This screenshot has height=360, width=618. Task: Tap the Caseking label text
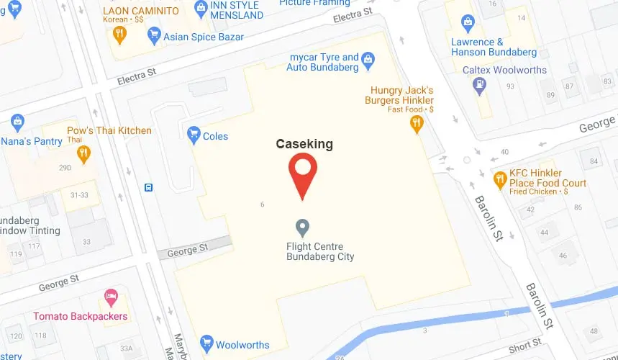304,144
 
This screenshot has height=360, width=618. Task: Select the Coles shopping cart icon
193,134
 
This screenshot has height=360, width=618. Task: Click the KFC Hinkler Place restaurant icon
499,179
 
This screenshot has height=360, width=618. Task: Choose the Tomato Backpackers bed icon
110,296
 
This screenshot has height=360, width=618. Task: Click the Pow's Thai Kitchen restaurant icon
83,153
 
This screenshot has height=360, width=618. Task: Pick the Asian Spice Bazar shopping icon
153,37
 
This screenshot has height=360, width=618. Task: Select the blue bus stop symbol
148,188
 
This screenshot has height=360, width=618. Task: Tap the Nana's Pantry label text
32,141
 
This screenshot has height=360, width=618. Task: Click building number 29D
65,168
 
